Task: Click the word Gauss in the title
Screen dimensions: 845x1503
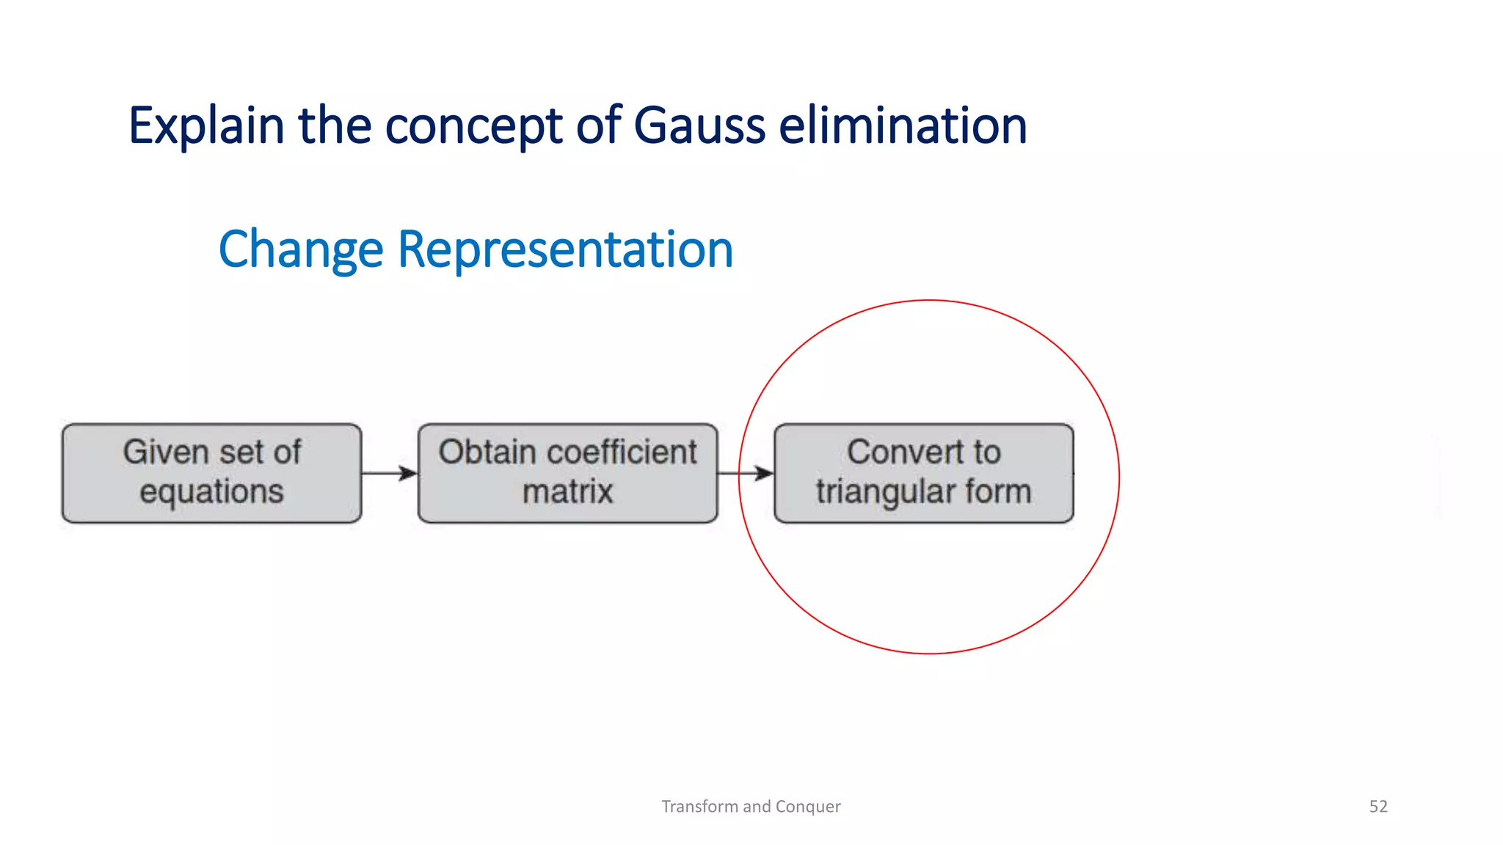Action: coord(699,125)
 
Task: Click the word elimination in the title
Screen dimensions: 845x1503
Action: coord(903,125)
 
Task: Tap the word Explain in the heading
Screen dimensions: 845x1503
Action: coord(206,127)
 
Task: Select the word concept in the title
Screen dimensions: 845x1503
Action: coord(473,127)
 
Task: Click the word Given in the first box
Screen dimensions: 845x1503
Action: coord(166,452)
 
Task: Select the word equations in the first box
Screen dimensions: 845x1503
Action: coord(211,491)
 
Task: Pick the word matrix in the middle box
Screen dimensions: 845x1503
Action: coord(567,491)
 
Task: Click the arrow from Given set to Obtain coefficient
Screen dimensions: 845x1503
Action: coord(390,473)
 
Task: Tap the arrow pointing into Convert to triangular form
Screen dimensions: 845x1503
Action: coord(746,473)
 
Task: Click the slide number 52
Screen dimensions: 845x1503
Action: coord(1378,806)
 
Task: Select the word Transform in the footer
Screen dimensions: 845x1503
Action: coord(699,806)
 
